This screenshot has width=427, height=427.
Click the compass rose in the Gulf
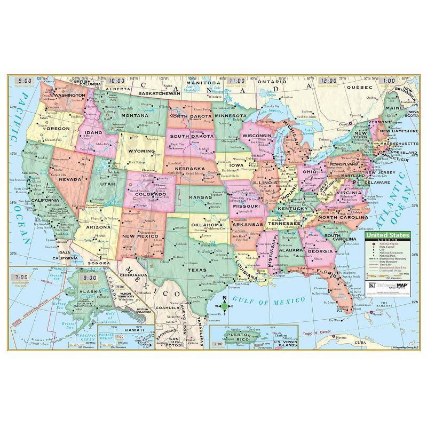(225, 306)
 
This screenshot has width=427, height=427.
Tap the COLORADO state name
(150, 194)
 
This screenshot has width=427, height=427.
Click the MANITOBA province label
(204, 83)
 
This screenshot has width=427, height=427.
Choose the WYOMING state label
(142, 151)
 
